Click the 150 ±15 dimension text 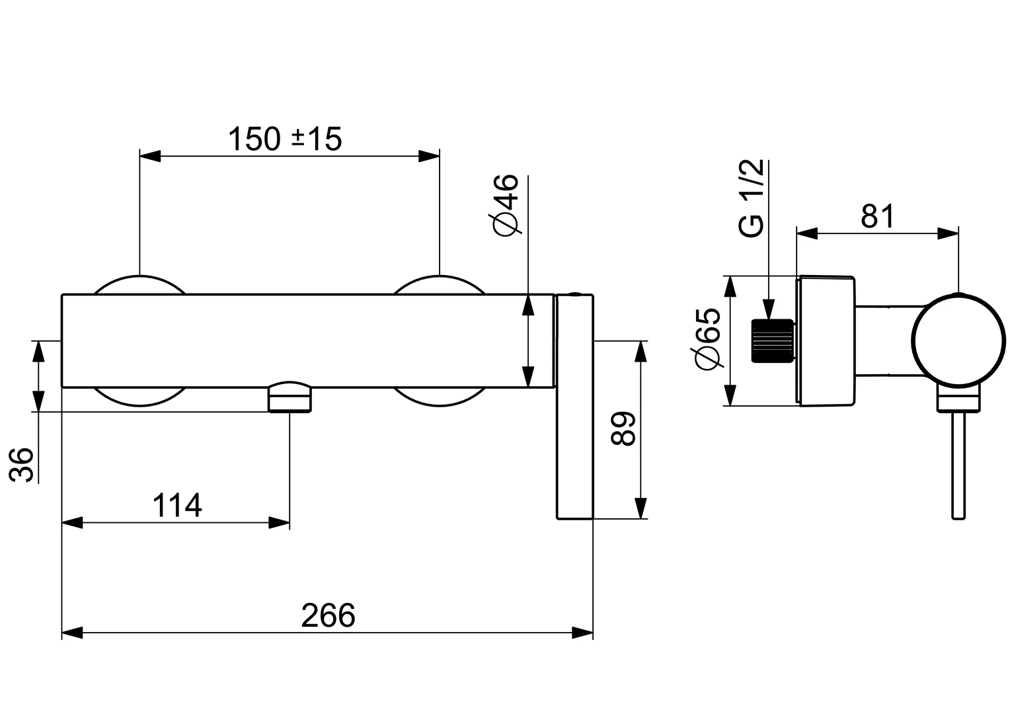[x=285, y=139]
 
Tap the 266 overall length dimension [x=328, y=615]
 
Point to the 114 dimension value [x=177, y=506]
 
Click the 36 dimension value [x=22, y=465]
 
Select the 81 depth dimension [x=877, y=216]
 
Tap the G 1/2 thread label [x=752, y=198]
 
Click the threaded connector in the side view [x=772, y=340]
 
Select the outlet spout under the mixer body [x=290, y=397]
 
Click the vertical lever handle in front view [x=575, y=410]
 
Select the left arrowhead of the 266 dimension [x=71, y=633]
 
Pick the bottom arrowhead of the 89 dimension [x=640, y=509]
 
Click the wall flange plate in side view [x=826, y=340]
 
